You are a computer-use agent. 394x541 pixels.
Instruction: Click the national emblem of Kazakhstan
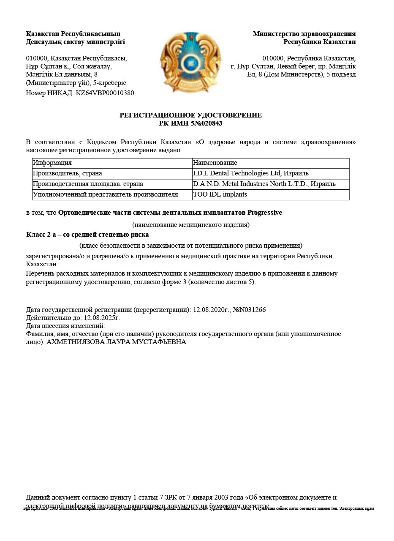[190, 61]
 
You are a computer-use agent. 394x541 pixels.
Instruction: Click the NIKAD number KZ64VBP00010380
[105, 93]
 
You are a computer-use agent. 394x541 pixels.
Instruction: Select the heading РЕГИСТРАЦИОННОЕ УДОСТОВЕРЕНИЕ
[190, 115]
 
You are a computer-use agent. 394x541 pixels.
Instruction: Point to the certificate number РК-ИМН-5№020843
[190, 123]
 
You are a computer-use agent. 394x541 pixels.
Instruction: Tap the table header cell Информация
[52, 163]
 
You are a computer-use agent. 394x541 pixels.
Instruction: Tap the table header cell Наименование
[215, 163]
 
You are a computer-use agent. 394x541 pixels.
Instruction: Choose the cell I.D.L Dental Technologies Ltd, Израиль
[250, 173]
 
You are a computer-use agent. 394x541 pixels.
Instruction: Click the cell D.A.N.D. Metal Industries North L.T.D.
[264, 184]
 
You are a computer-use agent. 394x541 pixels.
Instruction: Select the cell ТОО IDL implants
[220, 194]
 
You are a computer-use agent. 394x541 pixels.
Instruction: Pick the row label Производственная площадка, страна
[88, 184]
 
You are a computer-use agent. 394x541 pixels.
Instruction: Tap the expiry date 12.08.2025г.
[102, 318]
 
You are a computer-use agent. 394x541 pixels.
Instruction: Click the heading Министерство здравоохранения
[304, 34]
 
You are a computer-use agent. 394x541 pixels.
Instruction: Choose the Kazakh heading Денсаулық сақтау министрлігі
[75, 42]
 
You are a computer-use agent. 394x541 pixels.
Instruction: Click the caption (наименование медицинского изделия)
[191, 225]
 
